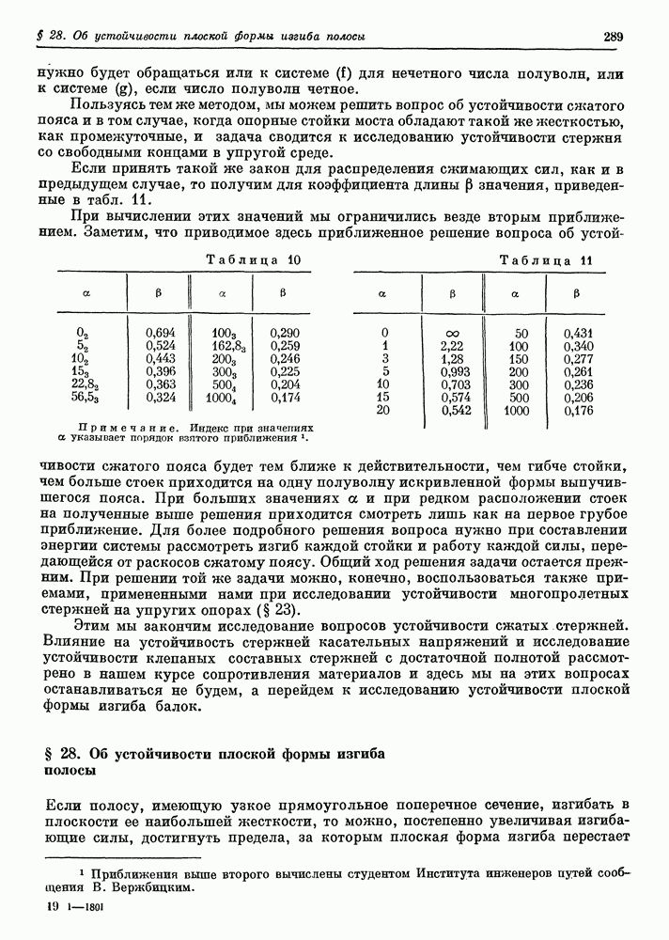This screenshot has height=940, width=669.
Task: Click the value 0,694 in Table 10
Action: click(162, 333)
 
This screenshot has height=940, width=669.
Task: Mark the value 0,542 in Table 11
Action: click(455, 412)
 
